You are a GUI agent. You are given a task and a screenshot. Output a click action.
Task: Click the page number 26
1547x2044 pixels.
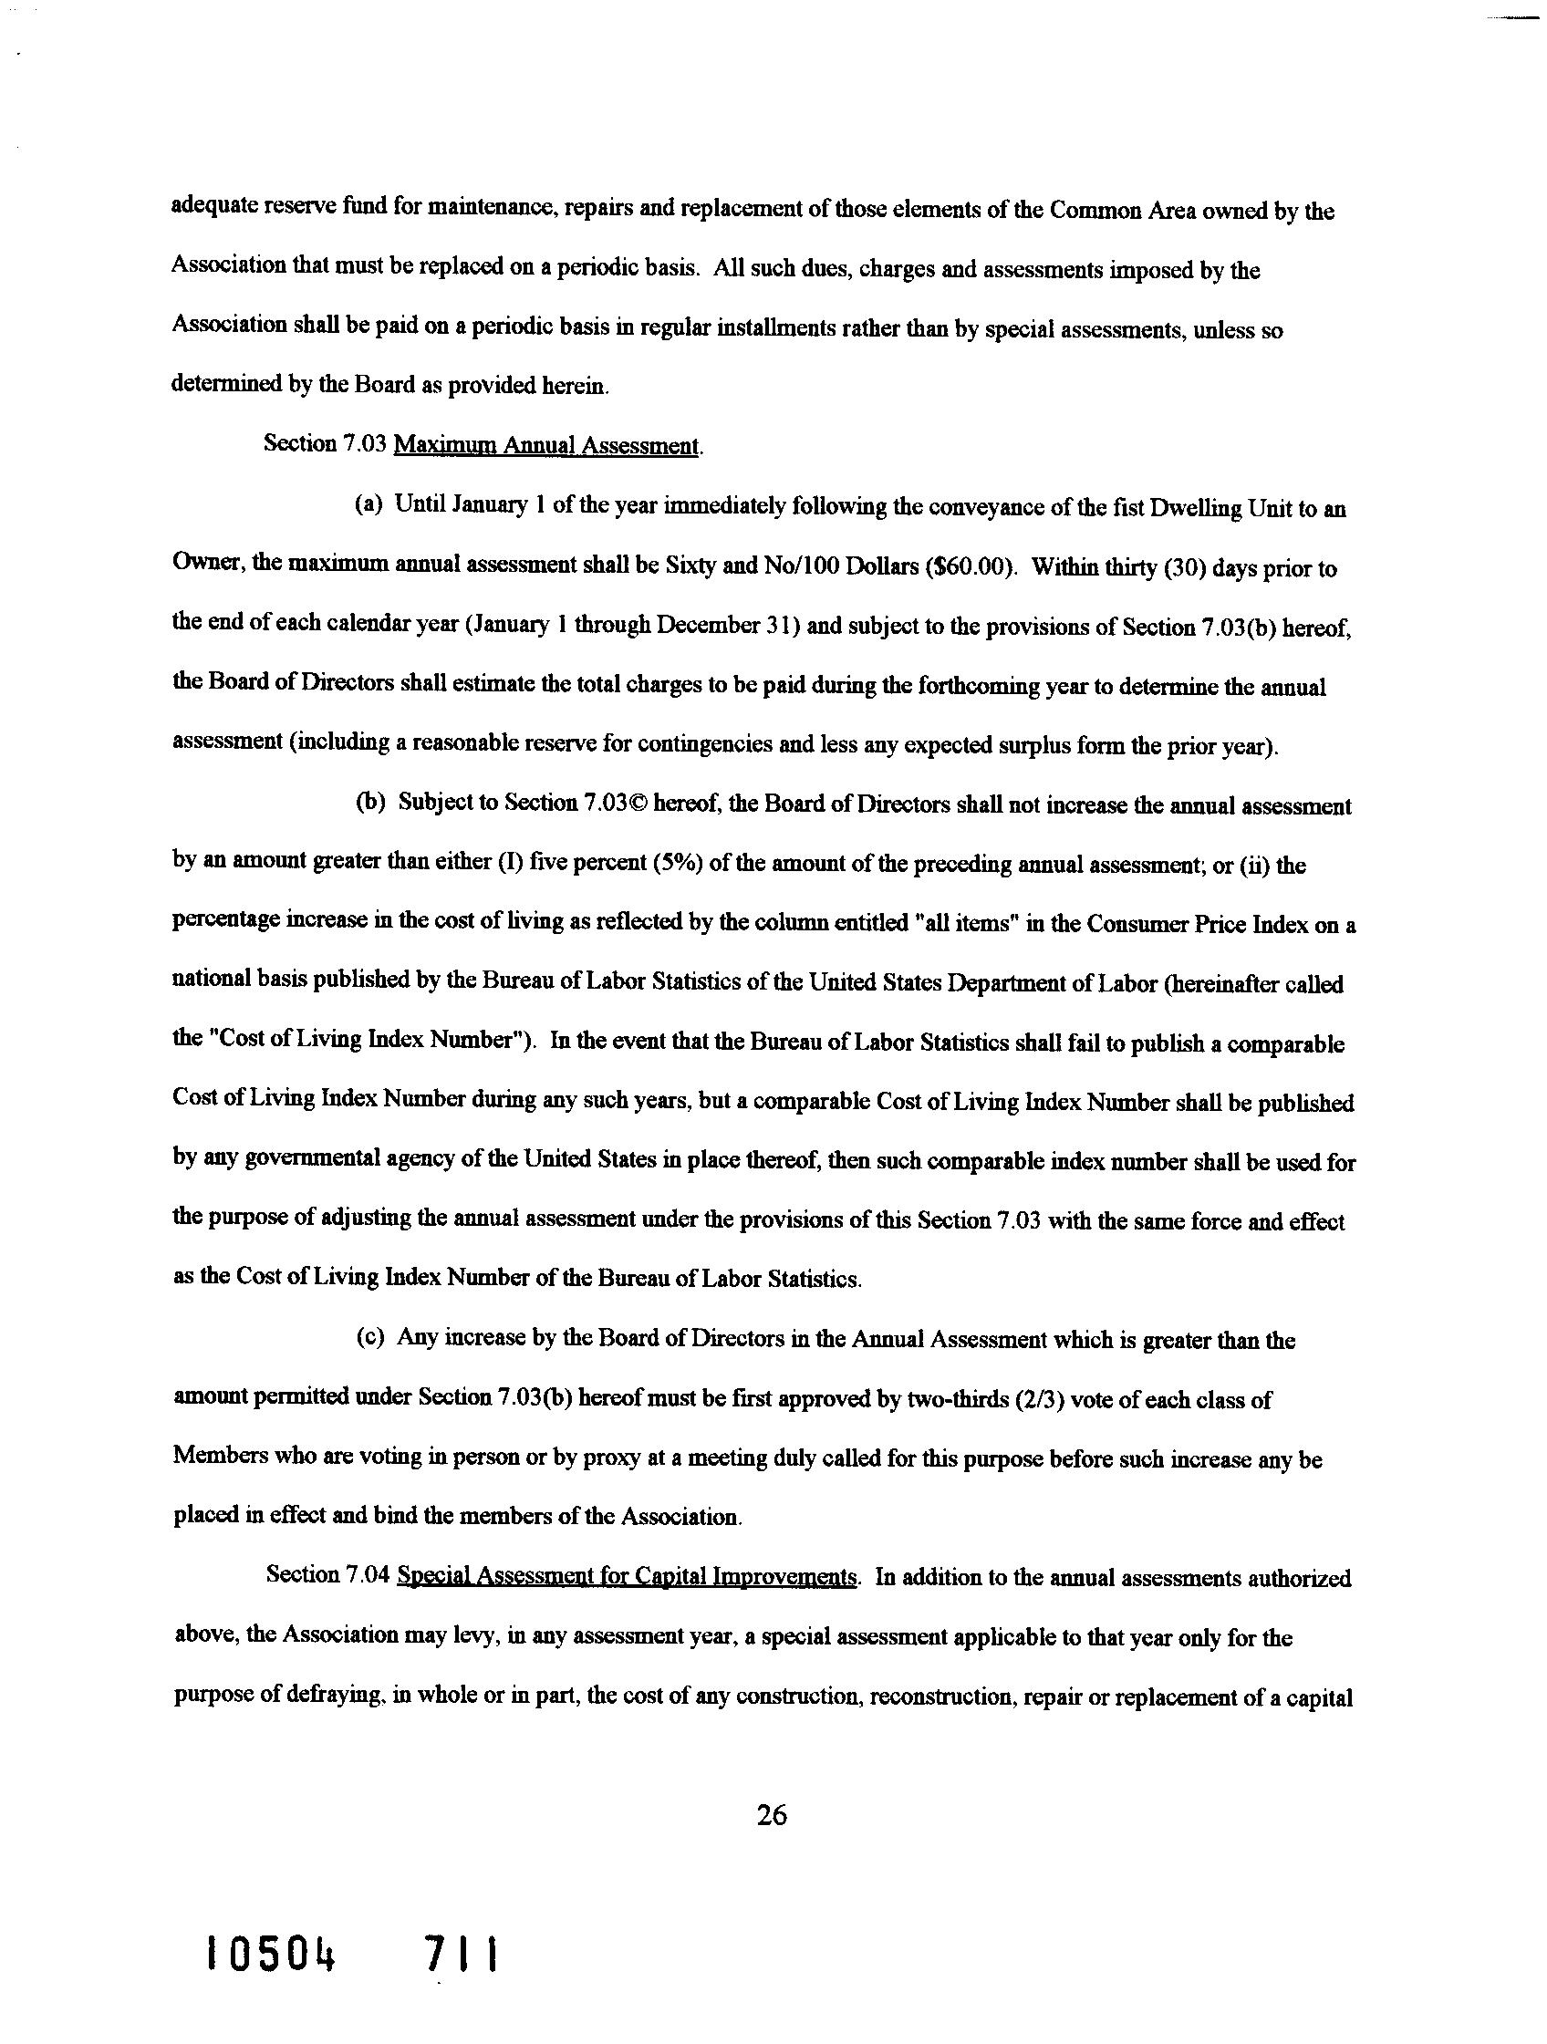click(771, 1817)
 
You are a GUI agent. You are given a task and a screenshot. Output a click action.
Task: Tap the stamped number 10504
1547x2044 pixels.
click(270, 1956)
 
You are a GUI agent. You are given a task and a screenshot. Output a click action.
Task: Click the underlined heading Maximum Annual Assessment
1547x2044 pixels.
click(546, 445)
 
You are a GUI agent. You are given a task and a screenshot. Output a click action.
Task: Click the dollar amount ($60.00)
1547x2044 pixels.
click(968, 567)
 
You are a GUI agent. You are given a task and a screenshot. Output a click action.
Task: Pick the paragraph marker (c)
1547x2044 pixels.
click(369, 1340)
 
